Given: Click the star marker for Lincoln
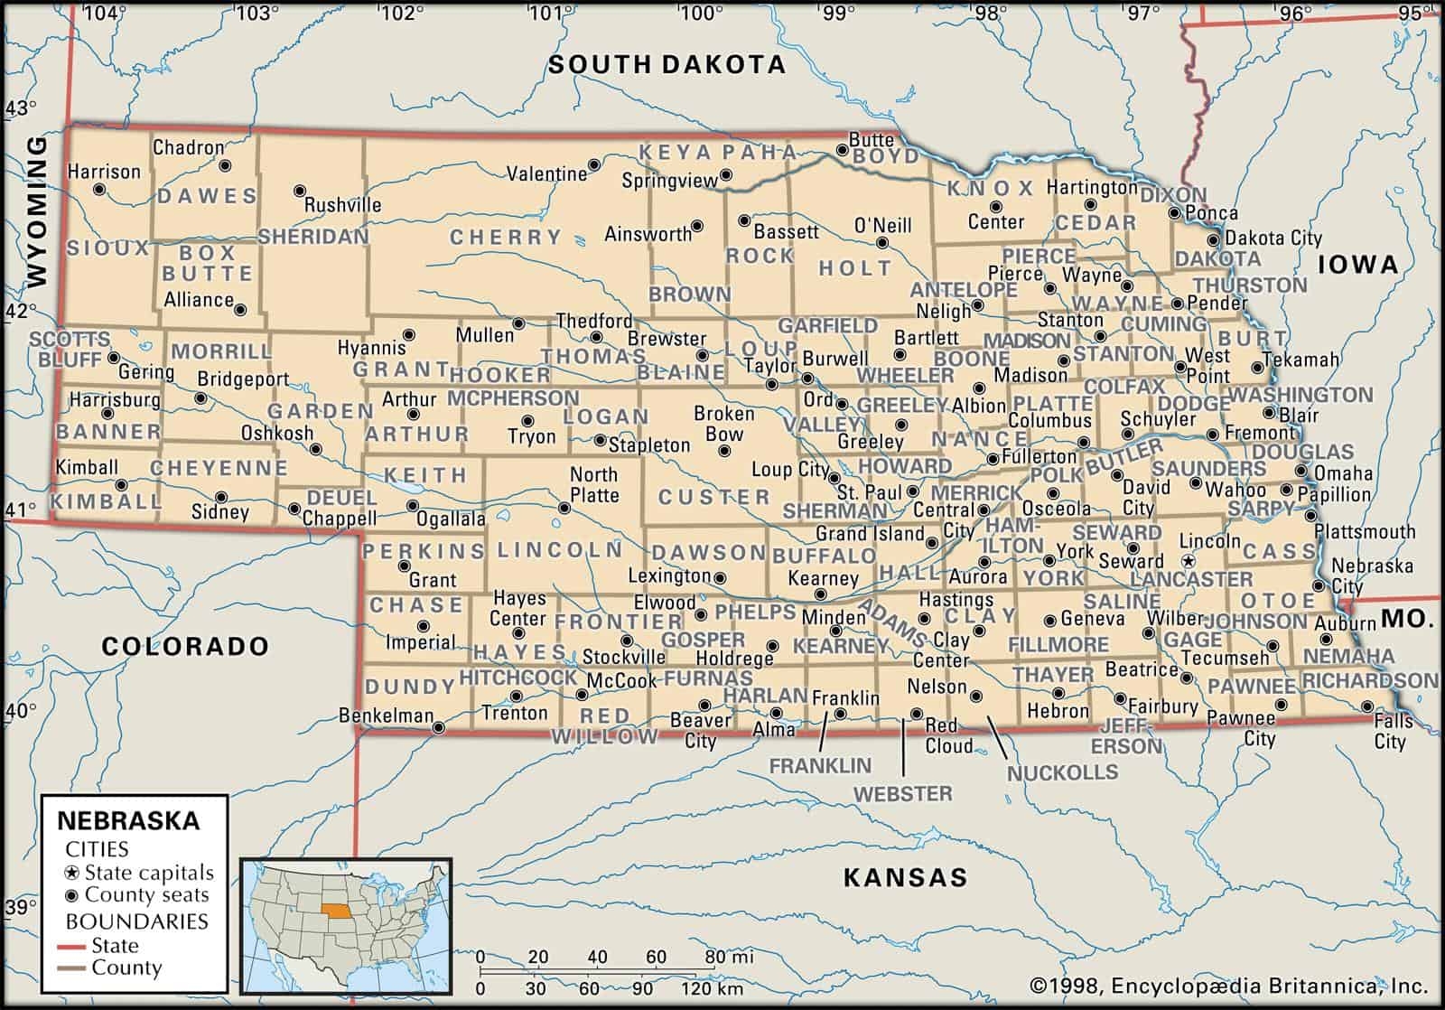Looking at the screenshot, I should click(x=1189, y=561).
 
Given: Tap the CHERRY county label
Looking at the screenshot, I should click(x=506, y=238).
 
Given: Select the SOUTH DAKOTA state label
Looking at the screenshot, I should click(x=667, y=64).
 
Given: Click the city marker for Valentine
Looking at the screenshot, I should click(x=594, y=165).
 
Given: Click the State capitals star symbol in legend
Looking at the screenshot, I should click(x=72, y=874).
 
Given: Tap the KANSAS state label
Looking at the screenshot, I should click(x=905, y=876).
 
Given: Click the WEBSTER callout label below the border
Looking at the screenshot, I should click(x=903, y=794).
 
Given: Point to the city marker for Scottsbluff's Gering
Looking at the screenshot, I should click(x=114, y=358).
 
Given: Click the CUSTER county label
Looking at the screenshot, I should click(x=713, y=497).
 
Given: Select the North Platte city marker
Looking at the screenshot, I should click(x=564, y=509).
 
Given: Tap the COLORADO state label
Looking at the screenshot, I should click(x=184, y=646).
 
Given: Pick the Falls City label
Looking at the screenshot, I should click(x=1391, y=732).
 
